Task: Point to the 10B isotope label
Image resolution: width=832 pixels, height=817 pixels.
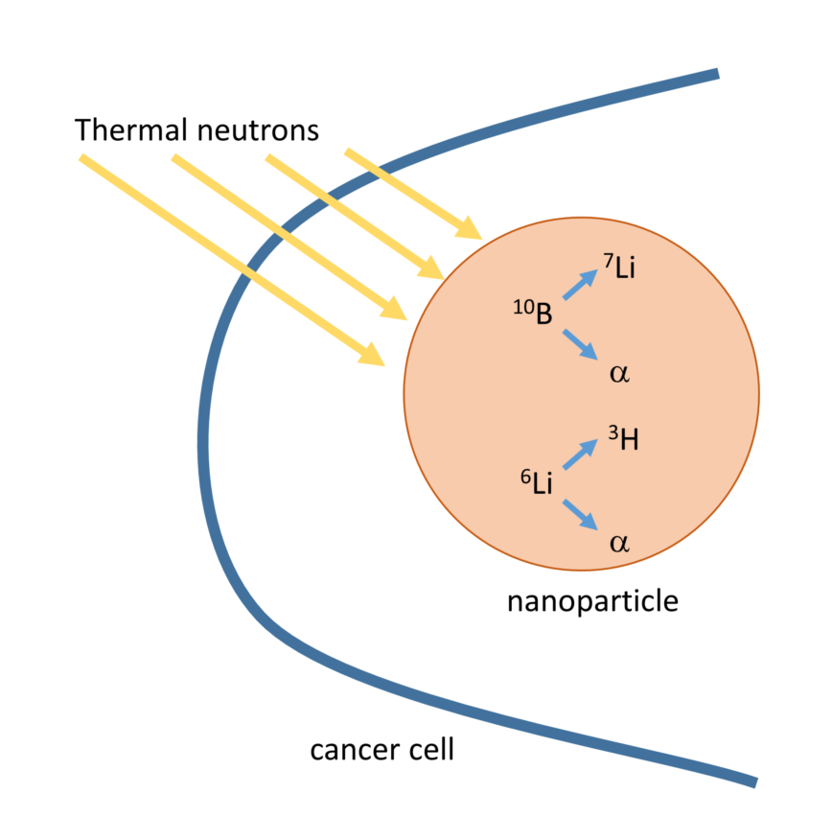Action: click(533, 312)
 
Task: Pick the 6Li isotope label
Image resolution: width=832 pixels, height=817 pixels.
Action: click(537, 482)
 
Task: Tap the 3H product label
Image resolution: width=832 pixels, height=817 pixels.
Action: click(623, 439)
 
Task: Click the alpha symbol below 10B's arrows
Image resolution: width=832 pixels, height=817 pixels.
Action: click(619, 372)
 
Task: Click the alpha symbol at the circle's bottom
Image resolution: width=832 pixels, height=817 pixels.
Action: click(619, 543)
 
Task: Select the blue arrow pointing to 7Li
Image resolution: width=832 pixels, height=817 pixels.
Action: click(580, 283)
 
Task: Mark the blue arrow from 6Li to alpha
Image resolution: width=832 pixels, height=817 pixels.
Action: click(580, 515)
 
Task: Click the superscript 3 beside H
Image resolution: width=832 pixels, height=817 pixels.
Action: click(612, 431)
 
